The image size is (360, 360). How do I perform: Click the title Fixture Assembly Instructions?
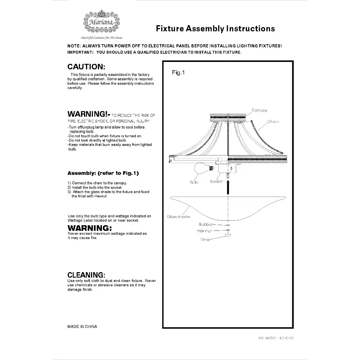coord(215,28)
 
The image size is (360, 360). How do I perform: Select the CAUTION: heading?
coord(86,67)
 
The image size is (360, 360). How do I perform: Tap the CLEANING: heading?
coord(86,275)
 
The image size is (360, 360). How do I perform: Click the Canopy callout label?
coord(259,111)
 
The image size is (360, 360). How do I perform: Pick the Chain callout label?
coord(273,122)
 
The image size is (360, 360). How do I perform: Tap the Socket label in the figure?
coord(216,181)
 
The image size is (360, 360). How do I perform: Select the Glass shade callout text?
coord(178,217)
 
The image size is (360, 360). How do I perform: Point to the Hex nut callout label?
coord(204,231)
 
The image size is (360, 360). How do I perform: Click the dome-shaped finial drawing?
coord(228,236)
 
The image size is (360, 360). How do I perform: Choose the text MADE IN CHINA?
coord(82,327)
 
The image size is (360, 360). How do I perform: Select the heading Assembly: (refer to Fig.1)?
coord(103,173)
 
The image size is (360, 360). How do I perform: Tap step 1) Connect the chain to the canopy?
coord(97,183)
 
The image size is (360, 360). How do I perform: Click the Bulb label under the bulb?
coord(194,182)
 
